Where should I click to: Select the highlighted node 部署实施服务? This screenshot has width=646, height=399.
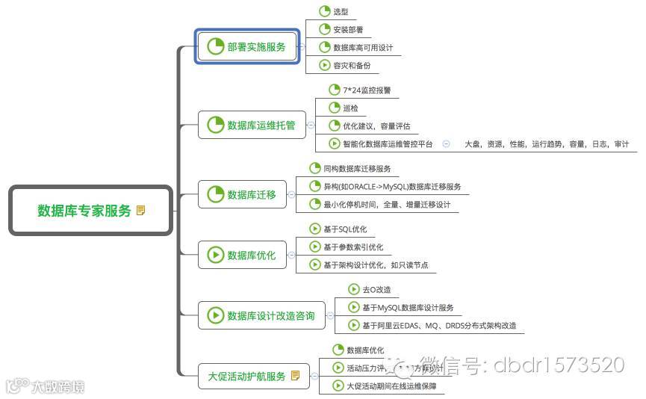pos(248,46)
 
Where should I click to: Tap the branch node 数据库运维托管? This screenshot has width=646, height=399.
pos(252,125)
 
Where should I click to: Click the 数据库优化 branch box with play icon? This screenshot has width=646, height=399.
pos(243,255)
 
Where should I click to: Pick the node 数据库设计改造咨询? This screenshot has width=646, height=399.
pos(262,315)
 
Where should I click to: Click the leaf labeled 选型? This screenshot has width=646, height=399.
pos(341,12)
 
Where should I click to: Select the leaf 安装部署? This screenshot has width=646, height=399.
pos(348,30)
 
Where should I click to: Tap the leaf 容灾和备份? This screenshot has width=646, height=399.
pos(351,66)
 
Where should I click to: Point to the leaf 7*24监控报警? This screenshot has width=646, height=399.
pos(361,90)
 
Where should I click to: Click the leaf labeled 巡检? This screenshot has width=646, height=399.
pos(350,108)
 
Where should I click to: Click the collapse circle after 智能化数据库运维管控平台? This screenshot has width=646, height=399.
pos(446,144)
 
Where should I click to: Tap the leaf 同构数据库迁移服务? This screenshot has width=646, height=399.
pos(357,169)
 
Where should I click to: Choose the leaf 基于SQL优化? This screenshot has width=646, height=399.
pos(344,229)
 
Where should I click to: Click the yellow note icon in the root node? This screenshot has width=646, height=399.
pos(141,211)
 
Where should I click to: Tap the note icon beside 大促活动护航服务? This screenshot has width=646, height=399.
pos(296,376)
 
